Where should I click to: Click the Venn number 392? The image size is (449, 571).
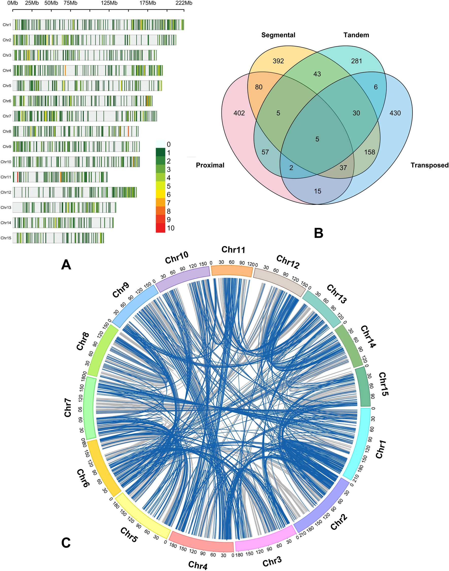click(x=278, y=61)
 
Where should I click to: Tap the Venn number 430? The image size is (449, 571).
click(x=395, y=113)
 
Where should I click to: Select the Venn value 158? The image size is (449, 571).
click(x=369, y=152)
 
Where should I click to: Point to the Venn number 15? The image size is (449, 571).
click(x=317, y=191)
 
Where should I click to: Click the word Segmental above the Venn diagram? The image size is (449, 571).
click(x=278, y=35)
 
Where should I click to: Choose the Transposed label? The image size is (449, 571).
click(x=429, y=165)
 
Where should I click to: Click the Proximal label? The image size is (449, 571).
click(x=210, y=165)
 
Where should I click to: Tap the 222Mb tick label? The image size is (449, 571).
click(x=184, y=3)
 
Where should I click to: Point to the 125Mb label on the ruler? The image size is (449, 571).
click(x=109, y=3)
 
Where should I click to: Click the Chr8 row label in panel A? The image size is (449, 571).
click(x=7, y=131)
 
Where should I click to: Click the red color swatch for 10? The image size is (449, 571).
click(x=160, y=228)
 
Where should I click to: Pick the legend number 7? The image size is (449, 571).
click(x=168, y=203)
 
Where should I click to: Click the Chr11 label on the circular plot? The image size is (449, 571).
click(x=233, y=250)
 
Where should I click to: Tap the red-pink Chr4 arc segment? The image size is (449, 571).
click(x=201, y=543)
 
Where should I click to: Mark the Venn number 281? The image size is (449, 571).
click(x=356, y=61)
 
